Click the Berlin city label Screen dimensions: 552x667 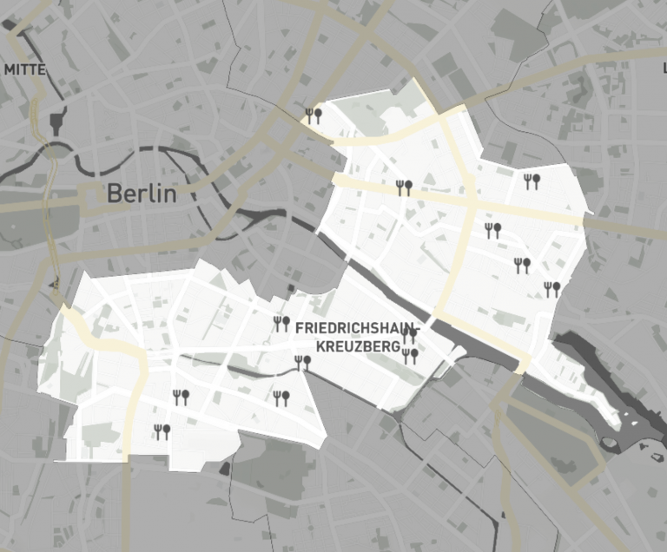pos(142,194)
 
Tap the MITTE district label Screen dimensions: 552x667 pos(25,69)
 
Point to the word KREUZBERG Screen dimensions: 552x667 pos(348,346)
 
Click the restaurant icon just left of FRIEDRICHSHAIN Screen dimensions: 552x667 pos(281,324)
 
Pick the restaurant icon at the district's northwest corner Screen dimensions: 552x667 pos(314,115)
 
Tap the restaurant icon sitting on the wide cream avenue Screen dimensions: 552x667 pos(403,187)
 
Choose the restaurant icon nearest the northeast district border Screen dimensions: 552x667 pos(532,181)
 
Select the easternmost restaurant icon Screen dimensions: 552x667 pos(551,289)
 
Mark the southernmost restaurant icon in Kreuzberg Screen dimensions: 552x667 pos(162,431)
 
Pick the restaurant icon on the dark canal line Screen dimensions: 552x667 pos(302,363)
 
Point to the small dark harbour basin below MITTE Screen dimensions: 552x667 pos(58,121)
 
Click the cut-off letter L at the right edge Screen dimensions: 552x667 pos(664,55)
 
